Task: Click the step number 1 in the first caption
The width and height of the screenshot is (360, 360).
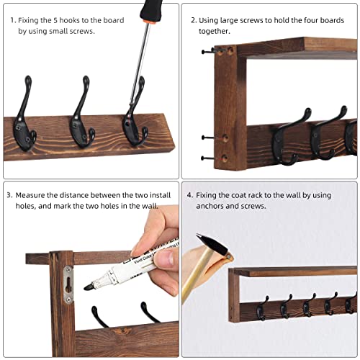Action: click(12, 21)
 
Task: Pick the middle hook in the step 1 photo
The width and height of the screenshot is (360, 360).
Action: click(82, 108)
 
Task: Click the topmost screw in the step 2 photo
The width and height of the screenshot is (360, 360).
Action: click(207, 52)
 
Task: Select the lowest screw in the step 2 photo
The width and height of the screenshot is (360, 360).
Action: click(207, 158)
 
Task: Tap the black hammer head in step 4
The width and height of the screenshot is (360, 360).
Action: click(210, 243)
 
